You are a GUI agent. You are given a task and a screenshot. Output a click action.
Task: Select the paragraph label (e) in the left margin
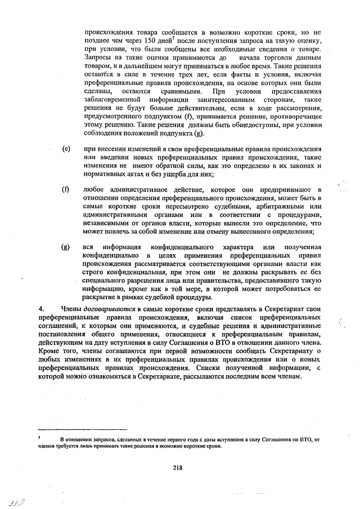click(x=66, y=149)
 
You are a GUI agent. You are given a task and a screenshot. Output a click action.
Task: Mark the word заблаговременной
click(x=112, y=100)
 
